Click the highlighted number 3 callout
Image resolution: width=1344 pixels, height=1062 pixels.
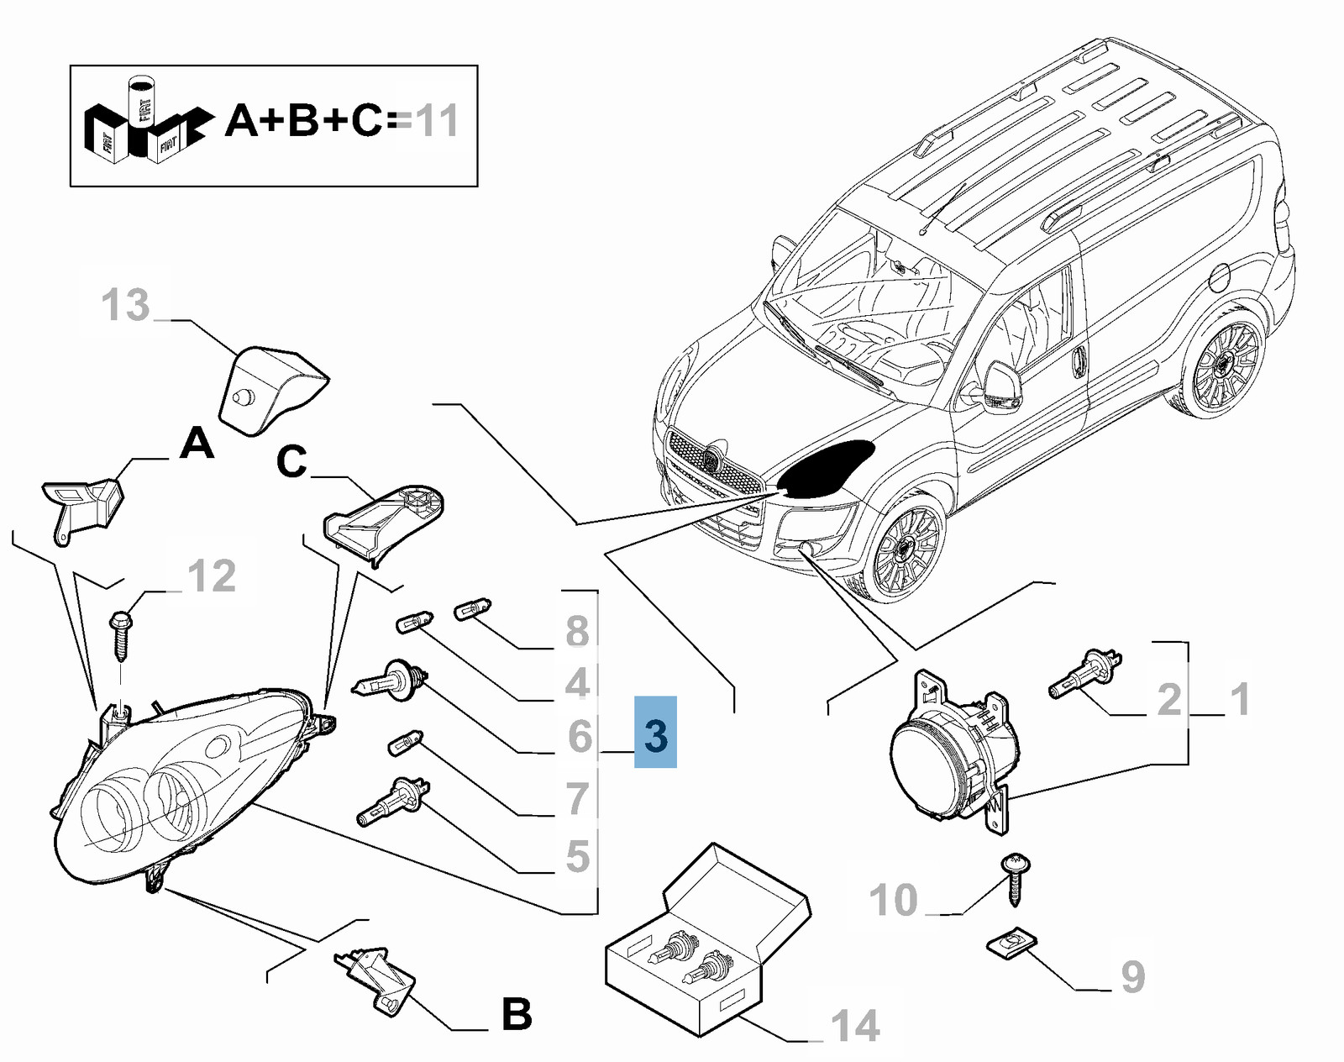coord(655,733)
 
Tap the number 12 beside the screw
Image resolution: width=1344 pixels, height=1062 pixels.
coord(211,576)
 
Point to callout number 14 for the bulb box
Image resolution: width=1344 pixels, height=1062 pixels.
coord(855,1026)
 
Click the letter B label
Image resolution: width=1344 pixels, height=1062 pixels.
coord(517,1014)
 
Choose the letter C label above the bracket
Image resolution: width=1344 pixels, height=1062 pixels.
coord(291,462)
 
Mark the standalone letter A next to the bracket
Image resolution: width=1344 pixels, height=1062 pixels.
coord(197,443)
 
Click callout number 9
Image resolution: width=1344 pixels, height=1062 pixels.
coord(1132,976)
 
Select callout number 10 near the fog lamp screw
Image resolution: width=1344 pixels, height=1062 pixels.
coord(893,900)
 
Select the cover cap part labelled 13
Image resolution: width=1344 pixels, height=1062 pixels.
coord(270,386)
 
